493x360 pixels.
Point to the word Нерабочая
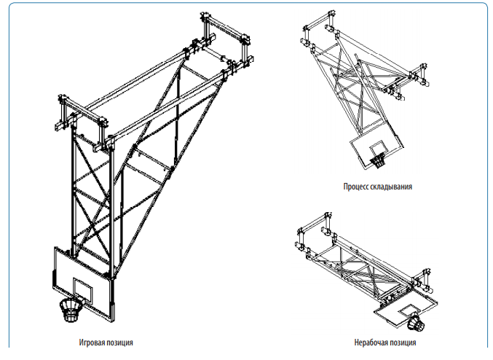click(369, 342)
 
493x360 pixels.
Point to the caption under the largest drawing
click(106, 341)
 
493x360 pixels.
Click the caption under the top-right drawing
click(378, 187)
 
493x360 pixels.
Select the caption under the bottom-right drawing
click(385, 342)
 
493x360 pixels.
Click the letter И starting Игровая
click(81, 341)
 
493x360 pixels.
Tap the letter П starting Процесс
click(345, 187)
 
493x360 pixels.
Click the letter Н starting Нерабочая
click(356, 342)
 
